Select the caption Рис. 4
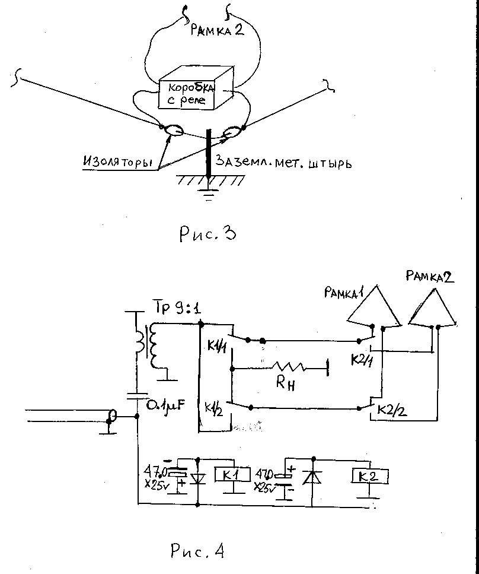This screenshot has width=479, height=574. pyautogui.click(x=197, y=551)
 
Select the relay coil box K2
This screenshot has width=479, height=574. pyautogui.click(x=369, y=475)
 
